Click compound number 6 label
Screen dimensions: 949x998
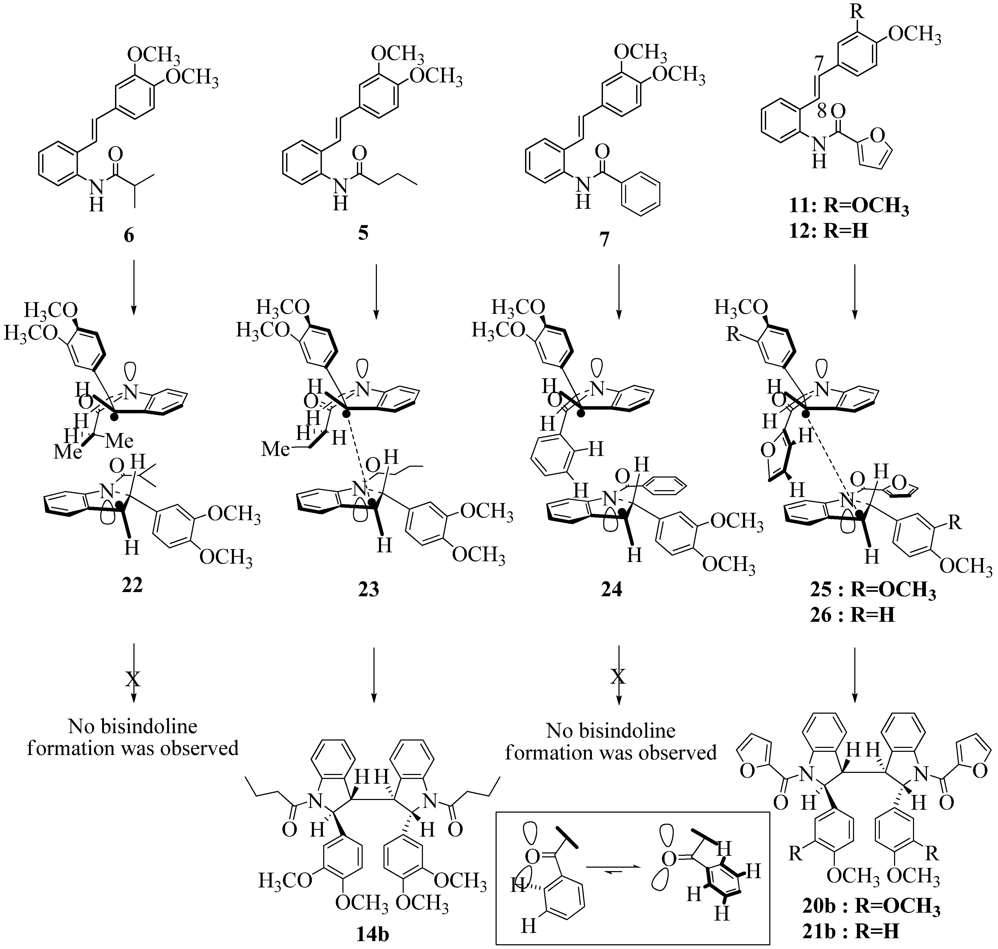coord(129,235)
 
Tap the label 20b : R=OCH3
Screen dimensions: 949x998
coord(871,907)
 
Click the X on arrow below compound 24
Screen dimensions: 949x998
coord(618,676)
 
